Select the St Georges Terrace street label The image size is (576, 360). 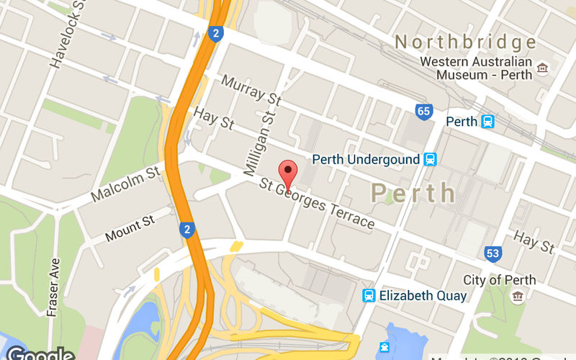click(318, 204)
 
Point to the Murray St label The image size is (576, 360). click(251, 93)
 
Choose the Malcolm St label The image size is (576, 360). click(125, 184)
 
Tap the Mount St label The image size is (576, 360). click(130, 228)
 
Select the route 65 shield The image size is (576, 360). click(424, 112)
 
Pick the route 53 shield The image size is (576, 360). click(493, 253)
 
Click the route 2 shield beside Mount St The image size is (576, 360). click(187, 230)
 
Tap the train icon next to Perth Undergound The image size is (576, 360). click(431, 159)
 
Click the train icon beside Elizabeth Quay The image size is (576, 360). click(369, 295)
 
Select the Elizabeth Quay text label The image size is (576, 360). click(423, 295)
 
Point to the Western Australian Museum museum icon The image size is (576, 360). click(542, 68)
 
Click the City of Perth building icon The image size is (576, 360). click(517, 296)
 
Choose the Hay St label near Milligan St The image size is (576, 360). click(215, 119)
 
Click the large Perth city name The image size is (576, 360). click(413, 193)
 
